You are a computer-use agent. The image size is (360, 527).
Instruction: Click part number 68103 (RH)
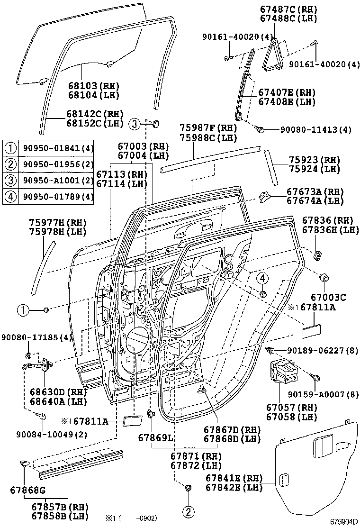pyautogui.click(x=94, y=86)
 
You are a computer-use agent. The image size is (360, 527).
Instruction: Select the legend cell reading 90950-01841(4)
pyautogui.click(x=58, y=148)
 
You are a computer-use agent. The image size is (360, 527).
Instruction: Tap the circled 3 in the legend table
pyautogui.click(x=11, y=180)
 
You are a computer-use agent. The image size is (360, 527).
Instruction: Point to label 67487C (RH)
pyautogui.click(x=288, y=9)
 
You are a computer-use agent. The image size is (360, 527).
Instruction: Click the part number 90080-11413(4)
pyautogui.click(x=315, y=129)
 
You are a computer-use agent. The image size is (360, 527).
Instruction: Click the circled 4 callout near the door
pyautogui.click(x=262, y=278)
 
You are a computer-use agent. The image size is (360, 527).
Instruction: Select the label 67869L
pyautogui.click(x=155, y=437)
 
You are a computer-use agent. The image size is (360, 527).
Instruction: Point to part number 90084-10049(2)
pyautogui.click(x=52, y=434)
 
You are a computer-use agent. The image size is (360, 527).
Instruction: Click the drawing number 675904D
pyautogui.click(x=344, y=522)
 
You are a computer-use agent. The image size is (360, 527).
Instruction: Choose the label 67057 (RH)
pyautogui.click(x=291, y=408)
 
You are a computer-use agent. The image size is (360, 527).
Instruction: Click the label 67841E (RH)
pyautogui.click(x=234, y=478)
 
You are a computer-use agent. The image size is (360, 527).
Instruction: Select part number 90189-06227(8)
pyautogui.click(x=323, y=351)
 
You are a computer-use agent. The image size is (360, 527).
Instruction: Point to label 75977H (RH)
pyautogui.click(x=58, y=222)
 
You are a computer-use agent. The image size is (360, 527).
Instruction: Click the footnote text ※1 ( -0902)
pyautogui.click(x=131, y=518)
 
